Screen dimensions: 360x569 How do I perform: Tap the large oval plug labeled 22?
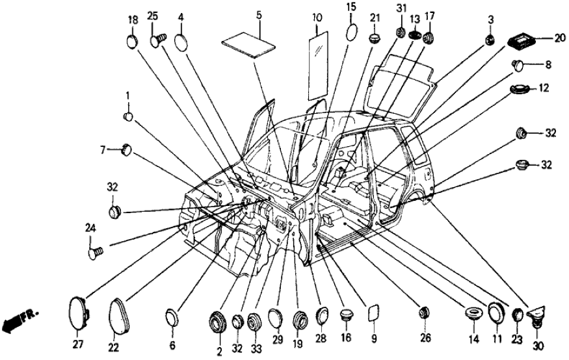[118, 315]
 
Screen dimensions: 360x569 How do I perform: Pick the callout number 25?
[153, 16]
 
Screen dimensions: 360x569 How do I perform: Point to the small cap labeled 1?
[129, 117]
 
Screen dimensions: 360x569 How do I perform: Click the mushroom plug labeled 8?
[518, 64]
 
